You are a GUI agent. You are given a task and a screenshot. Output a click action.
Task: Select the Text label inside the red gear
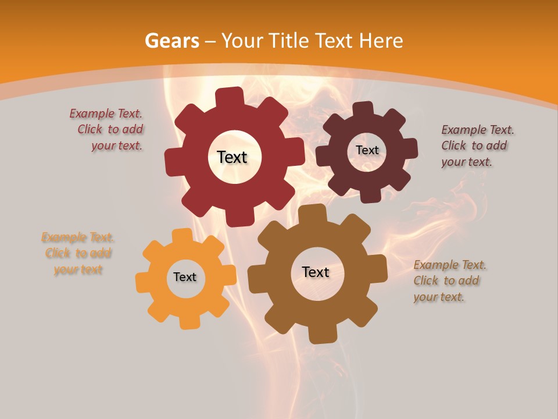coord(232,157)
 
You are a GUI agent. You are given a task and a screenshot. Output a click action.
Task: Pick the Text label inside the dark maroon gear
coord(367,150)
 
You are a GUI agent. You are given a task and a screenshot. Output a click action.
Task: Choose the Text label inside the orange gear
coord(185,277)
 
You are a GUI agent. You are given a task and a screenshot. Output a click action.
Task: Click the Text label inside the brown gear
coord(316,272)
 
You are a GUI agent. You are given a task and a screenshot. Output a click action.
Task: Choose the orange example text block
coord(78,254)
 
